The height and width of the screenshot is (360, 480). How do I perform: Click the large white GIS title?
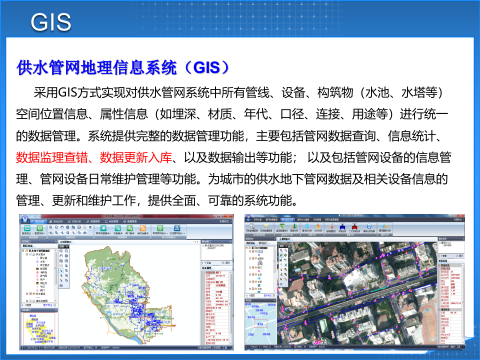(x=51, y=21)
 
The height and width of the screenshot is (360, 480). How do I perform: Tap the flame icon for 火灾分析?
(x=317, y=226)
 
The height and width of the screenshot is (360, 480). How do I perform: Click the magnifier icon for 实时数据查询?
(x=252, y=226)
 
